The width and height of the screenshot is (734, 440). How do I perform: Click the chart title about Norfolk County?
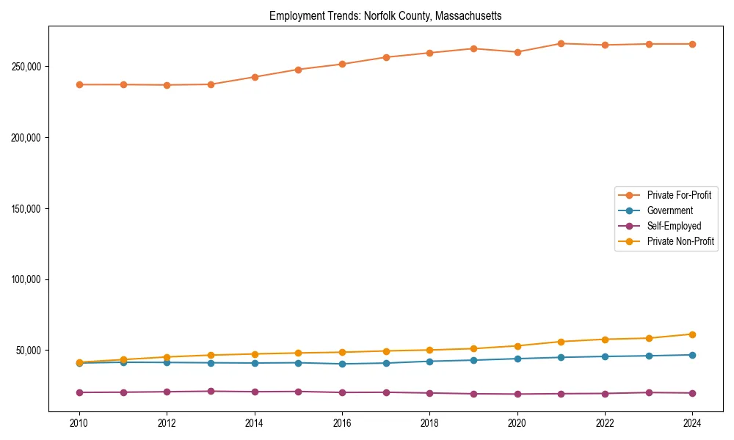[385, 15]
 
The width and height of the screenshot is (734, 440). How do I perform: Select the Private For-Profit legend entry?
[679, 195]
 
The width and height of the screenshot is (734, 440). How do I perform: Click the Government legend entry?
[669, 210]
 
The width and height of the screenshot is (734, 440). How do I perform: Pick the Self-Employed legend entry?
[674, 226]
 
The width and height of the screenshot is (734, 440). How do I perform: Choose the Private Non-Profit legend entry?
[680, 241]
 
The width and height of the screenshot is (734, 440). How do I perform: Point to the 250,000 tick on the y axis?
[26, 67]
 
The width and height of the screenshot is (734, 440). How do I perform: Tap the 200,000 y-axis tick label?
[26, 138]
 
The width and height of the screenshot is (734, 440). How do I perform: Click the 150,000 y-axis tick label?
[26, 209]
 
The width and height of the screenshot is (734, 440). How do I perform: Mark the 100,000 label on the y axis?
[26, 280]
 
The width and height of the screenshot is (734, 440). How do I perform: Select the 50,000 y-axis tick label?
[29, 351]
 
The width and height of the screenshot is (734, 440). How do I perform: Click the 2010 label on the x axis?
[79, 423]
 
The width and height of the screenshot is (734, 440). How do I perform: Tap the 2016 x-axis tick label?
[342, 423]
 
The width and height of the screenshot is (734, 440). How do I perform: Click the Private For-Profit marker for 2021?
[561, 43]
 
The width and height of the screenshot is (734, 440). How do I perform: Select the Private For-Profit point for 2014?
[255, 77]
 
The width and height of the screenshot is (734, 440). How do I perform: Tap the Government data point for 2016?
[342, 364]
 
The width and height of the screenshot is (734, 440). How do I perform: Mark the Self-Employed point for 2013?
[211, 391]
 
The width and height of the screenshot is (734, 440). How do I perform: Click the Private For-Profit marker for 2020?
[517, 52]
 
